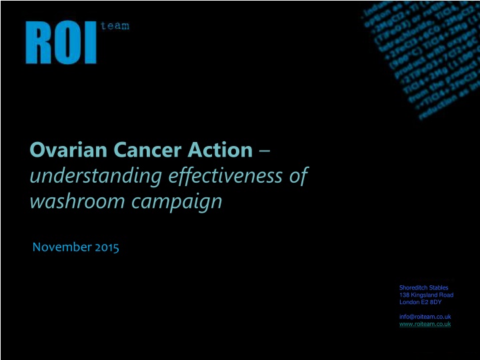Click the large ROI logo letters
click(x=61, y=42)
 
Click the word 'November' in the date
click(x=62, y=248)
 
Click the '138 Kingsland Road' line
click(x=426, y=295)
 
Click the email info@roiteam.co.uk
click(x=425, y=316)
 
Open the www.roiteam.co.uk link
click(x=425, y=323)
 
